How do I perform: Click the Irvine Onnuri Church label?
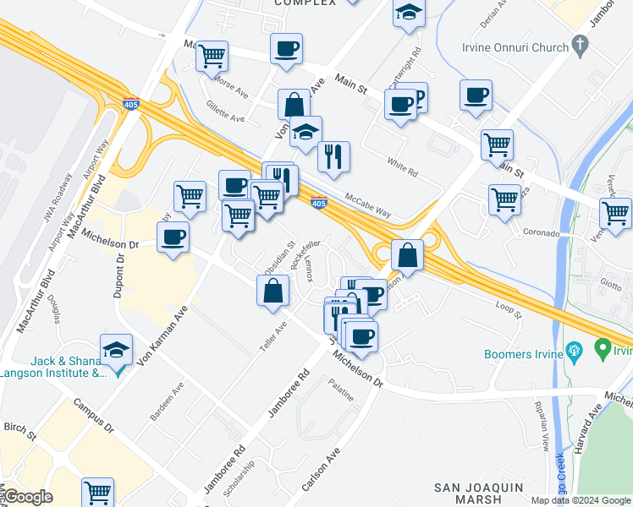click(515, 47)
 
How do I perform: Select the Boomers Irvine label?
click(523, 354)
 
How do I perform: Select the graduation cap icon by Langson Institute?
click(116, 349)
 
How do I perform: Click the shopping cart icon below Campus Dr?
click(98, 493)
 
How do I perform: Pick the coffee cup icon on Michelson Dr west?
click(173, 237)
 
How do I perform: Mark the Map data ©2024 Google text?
click(581, 500)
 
